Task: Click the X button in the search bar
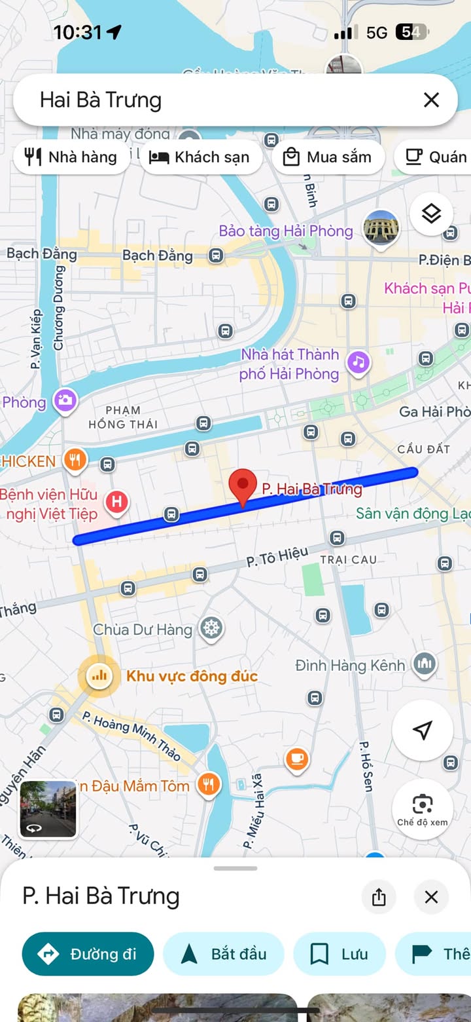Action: point(431,100)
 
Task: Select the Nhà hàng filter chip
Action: point(71,157)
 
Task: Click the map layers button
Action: point(431,214)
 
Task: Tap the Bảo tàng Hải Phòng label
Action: point(286,231)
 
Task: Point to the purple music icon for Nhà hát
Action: point(358,362)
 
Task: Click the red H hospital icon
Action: point(116,502)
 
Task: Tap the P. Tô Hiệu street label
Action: point(277,558)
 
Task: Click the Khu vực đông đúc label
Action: point(192,676)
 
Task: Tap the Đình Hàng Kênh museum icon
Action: point(425,664)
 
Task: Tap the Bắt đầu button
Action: point(224,954)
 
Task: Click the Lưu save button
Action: point(339,954)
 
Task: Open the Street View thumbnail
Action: point(48,809)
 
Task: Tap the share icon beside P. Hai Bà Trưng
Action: point(379,897)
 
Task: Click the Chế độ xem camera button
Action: point(423,808)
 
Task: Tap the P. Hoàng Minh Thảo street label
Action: point(132,736)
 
